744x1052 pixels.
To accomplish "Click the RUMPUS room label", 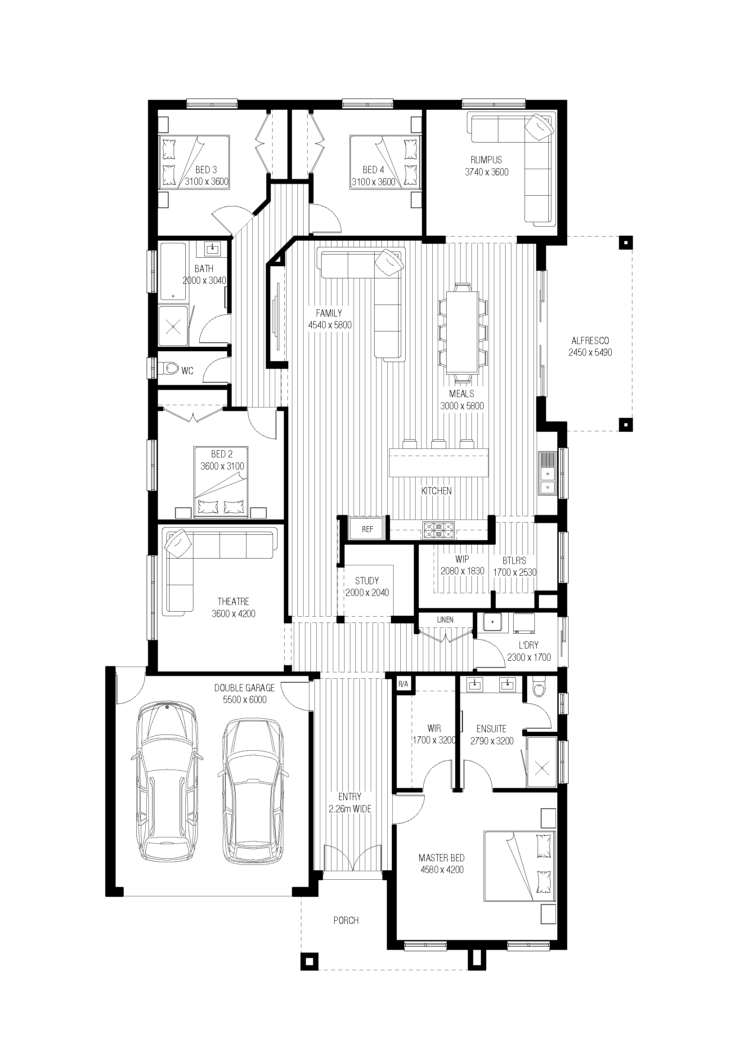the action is pos(486,160).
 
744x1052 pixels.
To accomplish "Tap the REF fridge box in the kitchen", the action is pos(368,529).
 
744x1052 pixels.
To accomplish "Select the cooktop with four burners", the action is pos(439,530).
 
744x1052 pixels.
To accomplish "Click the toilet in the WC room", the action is pos(170,368).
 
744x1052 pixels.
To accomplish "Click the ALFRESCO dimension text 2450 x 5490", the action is pos(590,353).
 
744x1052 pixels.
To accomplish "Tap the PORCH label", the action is pos(346,921).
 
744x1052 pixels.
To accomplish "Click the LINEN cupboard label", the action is pos(445,620).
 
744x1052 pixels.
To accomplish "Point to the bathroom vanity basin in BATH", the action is pos(212,249).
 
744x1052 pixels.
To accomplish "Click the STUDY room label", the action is pos(367,581).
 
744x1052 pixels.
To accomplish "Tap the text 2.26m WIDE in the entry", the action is pos(350,809).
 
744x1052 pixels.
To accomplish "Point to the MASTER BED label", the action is pos(442,858).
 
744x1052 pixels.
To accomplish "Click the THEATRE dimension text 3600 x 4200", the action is pos(233,613).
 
